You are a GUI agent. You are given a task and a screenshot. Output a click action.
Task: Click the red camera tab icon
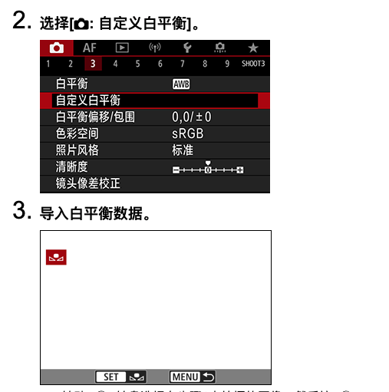click(57, 48)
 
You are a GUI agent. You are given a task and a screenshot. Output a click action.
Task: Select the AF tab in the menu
click(90, 48)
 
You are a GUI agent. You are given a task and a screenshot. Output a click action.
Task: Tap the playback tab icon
click(121, 48)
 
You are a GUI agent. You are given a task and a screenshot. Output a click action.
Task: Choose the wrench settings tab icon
click(185, 48)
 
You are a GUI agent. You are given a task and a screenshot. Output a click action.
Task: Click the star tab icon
click(252, 48)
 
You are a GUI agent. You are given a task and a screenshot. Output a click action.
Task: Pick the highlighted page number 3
click(92, 64)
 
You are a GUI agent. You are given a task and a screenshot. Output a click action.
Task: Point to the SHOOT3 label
click(252, 64)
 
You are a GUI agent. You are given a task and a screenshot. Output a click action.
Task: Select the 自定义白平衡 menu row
click(154, 100)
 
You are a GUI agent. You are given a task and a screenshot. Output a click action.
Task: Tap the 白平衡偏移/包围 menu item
click(96, 117)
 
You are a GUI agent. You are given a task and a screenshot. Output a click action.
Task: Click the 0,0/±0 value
click(191, 117)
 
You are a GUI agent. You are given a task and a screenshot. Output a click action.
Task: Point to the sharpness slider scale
click(207, 168)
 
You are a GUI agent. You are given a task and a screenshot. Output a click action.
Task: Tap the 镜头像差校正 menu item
click(88, 184)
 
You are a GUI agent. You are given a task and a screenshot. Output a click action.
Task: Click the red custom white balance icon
click(56, 258)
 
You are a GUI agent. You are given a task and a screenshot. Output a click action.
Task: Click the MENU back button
click(193, 377)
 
